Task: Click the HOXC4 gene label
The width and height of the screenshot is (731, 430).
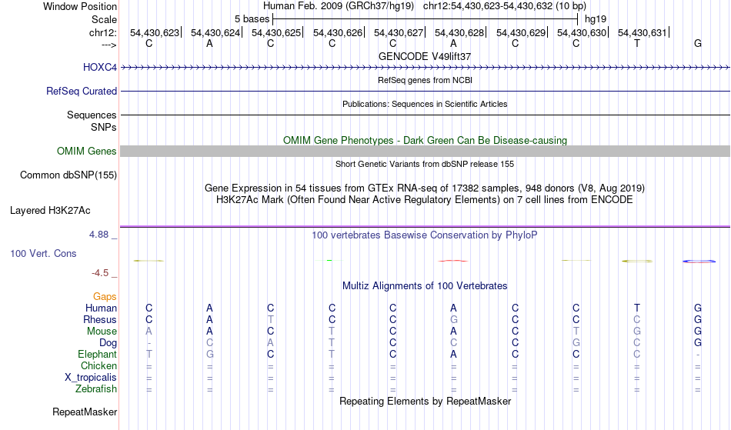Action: coord(100,67)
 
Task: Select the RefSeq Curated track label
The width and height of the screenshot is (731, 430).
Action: coord(82,91)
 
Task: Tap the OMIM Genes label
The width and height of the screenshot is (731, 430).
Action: coord(87,151)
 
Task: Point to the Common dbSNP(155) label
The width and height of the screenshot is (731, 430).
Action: coord(68,175)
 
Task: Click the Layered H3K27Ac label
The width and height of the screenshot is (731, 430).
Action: coord(50,211)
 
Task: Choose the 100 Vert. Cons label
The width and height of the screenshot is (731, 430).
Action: coord(43,253)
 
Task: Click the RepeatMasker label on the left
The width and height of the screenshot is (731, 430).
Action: coord(85,412)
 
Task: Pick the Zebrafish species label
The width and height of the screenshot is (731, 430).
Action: coord(96,389)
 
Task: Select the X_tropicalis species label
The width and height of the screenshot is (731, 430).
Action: coord(91,378)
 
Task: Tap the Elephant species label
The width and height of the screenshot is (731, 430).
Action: coord(98,354)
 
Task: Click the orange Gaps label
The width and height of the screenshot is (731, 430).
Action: coord(105,297)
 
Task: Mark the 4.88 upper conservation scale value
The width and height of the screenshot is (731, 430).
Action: coord(98,235)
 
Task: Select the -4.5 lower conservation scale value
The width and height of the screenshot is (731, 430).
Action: coord(100,272)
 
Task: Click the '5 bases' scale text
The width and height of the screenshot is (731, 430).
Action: coord(252,19)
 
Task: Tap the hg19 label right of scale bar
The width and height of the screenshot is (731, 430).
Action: coord(596,19)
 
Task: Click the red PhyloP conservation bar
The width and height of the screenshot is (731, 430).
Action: coord(452,261)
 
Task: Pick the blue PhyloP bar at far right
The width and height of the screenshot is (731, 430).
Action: coord(699,262)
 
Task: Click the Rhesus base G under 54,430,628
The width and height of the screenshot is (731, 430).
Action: coord(454,319)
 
